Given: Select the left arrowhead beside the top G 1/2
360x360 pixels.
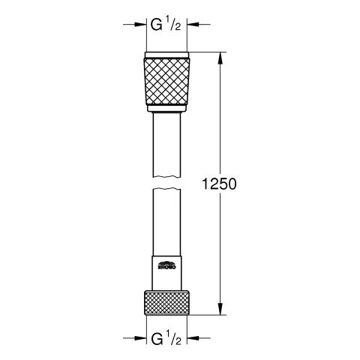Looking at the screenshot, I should pos(140,24).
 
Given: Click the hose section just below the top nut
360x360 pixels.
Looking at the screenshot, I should pos(166,139).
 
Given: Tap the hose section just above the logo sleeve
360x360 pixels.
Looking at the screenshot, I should pos(166,225).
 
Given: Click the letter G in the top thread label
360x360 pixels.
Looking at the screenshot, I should pos(157,25).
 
